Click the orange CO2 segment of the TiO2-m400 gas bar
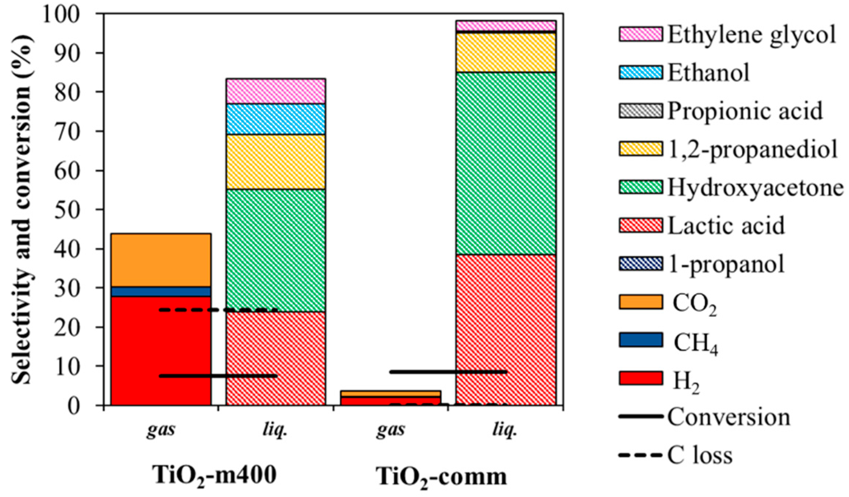(x=161, y=260)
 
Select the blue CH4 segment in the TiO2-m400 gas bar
(x=161, y=292)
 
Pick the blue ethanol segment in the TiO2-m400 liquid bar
(x=276, y=119)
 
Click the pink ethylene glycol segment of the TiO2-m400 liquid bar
(x=276, y=91)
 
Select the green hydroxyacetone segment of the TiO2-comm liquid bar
(x=506, y=163)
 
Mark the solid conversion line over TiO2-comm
(x=448, y=372)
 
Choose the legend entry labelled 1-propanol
(x=726, y=265)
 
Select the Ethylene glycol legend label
(x=751, y=35)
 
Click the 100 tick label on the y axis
(x=66, y=15)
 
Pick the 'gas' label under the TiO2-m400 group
(x=161, y=430)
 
